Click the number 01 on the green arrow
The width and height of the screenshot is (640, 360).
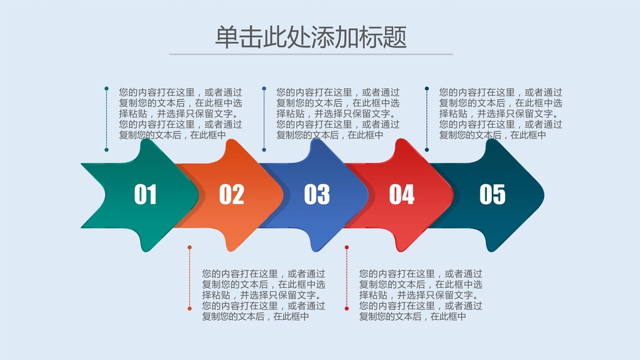click(x=145, y=194)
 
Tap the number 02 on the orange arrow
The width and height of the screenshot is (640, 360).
click(x=232, y=194)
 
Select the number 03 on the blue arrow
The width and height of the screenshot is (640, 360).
click(x=317, y=194)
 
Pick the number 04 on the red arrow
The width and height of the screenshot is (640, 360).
click(x=402, y=194)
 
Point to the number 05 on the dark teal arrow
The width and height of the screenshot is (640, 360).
click(x=492, y=194)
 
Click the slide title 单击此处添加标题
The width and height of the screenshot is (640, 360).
click(x=311, y=37)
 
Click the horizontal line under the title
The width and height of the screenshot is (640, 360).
click(x=311, y=54)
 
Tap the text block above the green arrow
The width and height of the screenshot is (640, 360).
click(x=181, y=113)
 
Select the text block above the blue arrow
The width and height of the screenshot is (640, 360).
click(x=338, y=113)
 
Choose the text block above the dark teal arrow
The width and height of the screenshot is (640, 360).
click(x=501, y=113)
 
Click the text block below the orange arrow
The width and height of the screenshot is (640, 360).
click(x=264, y=294)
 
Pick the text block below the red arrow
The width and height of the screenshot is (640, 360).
click(x=420, y=294)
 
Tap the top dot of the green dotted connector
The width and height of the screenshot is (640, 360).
click(x=106, y=89)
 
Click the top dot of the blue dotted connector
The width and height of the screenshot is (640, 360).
click(x=264, y=89)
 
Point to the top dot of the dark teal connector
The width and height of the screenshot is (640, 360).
click(x=426, y=89)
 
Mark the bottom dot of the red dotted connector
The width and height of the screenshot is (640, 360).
click(x=346, y=308)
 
